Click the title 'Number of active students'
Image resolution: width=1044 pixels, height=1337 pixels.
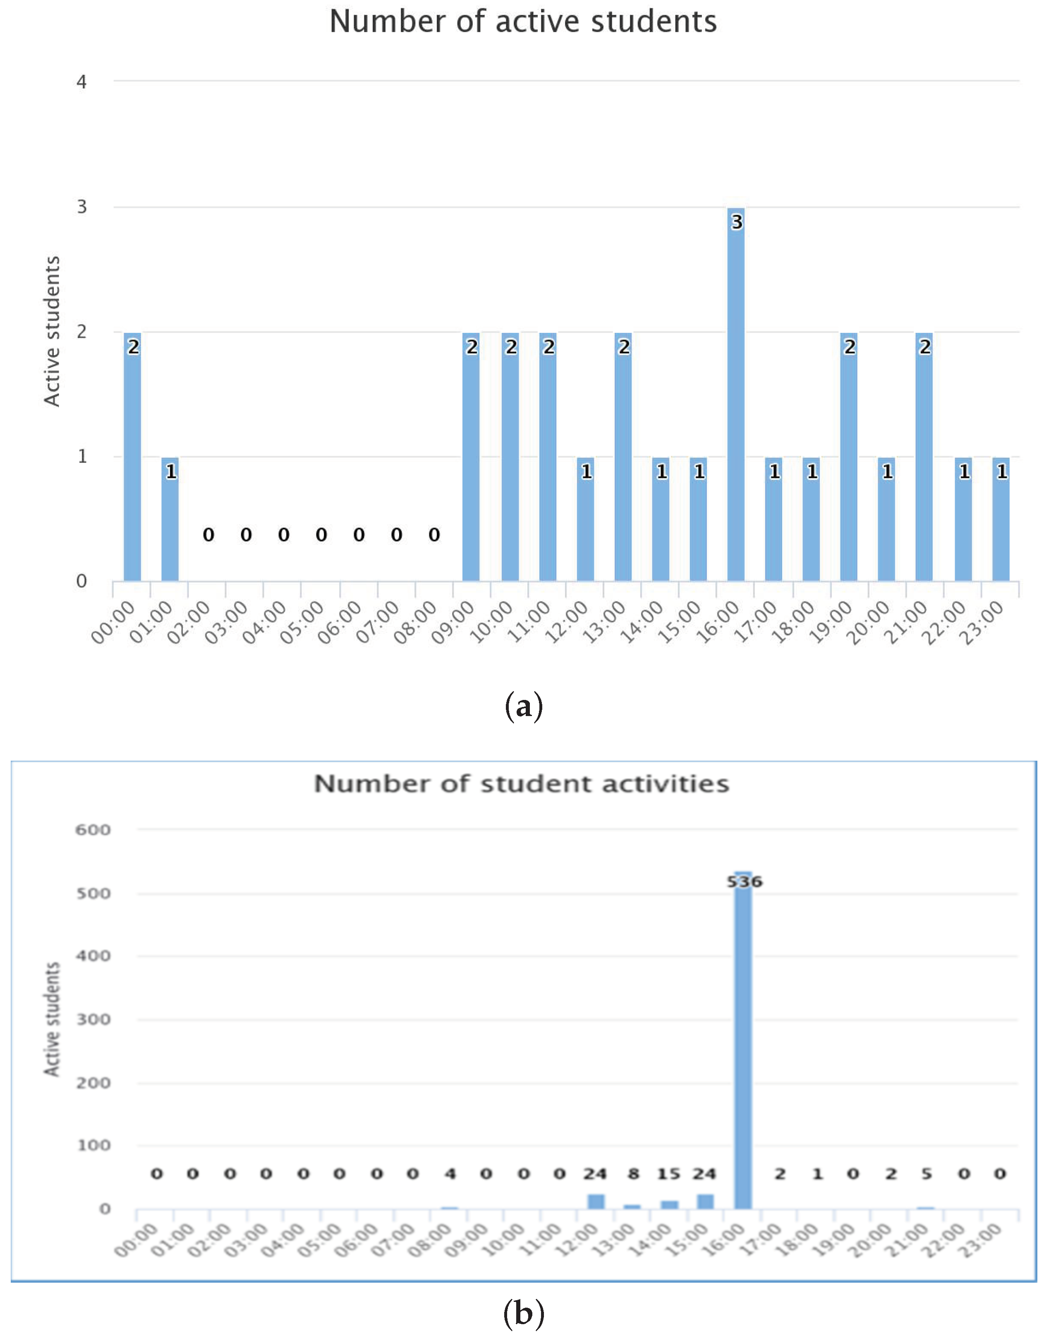(523, 22)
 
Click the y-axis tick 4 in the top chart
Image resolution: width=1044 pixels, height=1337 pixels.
(81, 82)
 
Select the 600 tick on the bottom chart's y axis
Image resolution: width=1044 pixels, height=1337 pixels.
(93, 830)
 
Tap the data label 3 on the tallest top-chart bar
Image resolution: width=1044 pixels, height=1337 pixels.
(737, 222)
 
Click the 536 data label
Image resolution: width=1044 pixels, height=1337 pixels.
(745, 881)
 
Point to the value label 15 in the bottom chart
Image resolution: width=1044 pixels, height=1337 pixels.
(669, 1174)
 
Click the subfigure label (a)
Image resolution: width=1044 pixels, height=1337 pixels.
(524, 707)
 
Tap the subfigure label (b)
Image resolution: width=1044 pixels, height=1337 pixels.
(524, 1313)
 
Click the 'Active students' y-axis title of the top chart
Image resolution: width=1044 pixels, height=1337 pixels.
(53, 331)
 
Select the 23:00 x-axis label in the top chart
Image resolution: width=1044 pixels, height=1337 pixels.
(982, 623)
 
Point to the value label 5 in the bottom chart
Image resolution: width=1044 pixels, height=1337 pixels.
(927, 1174)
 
